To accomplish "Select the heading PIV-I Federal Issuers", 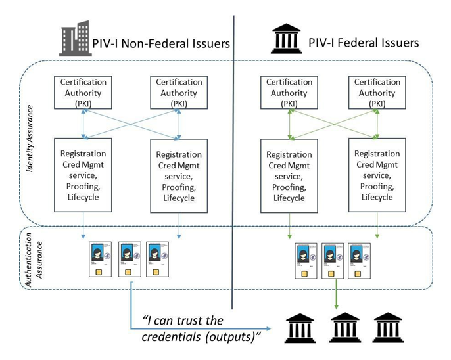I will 364,43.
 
